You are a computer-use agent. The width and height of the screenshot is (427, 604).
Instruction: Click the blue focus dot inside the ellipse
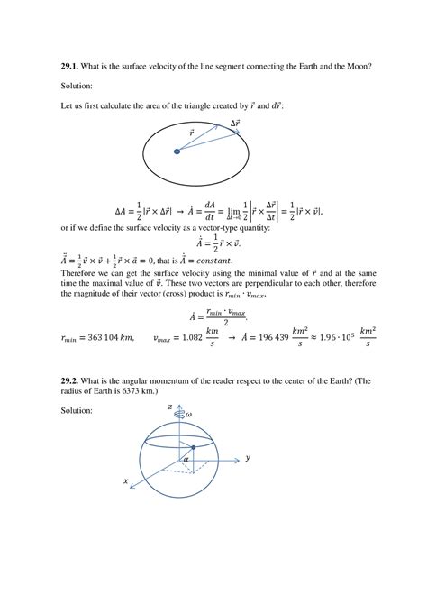pos(177,152)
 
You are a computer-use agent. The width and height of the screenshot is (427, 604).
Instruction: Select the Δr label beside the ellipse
pos(236,122)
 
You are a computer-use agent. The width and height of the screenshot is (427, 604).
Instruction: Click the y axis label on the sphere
pos(247,459)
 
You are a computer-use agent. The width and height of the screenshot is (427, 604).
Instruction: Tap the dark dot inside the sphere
pos(193,447)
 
